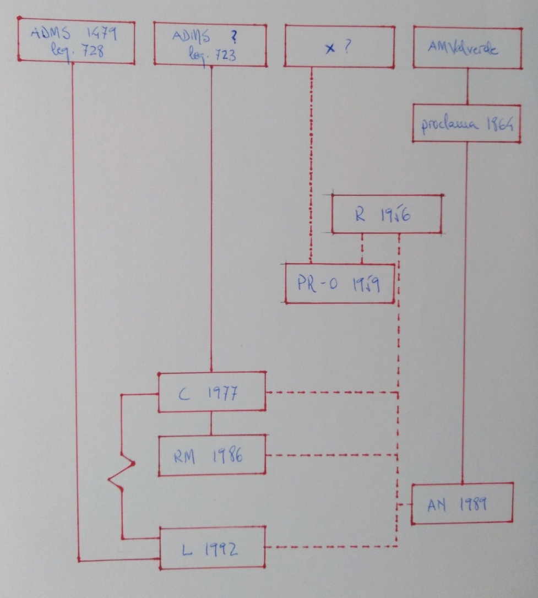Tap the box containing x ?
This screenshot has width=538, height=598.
pyautogui.click(x=339, y=47)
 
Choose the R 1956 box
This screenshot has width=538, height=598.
pyautogui.click(x=387, y=215)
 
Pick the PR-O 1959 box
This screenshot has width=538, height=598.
pyautogui.click(x=340, y=284)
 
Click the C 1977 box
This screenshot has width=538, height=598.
pyautogui.click(x=212, y=392)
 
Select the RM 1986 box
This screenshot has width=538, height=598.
pyautogui.click(x=212, y=456)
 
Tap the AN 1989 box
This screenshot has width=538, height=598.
pyautogui.click(x=462, y=504)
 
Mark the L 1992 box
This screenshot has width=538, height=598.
pyautogui.click(x=212, y=548)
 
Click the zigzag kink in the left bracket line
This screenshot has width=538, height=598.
pyautogui.click(x=122, y=471)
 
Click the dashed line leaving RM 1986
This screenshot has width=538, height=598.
pyautogui.click(x=330, y=455)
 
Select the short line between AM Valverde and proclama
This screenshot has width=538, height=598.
pyautogui.click(x=468, y=86)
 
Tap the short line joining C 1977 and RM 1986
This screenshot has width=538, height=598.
pyautogui.click(x=211, y=423)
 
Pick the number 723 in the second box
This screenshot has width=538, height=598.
pyautogui.click(x=225, y=54)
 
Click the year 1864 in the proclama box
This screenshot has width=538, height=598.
pyautogui.click(x=499, y=124)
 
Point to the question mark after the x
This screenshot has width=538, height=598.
pyautogui.click(x=346, y=46)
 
